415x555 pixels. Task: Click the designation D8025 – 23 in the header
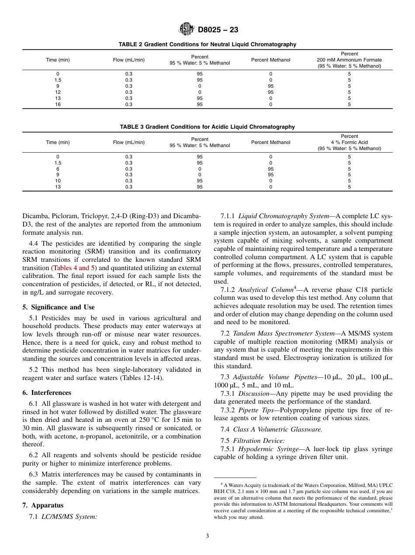pyautogui.click(x=218, y=30)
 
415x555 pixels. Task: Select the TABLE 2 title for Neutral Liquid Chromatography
pyautogui.click(x=207, y=45)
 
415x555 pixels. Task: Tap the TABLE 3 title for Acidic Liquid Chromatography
pyautogui.click(x=207, y=127)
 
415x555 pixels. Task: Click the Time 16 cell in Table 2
pyautogui.click(x=58, y=105)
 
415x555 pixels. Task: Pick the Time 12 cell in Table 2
pyautogui.click(x=58, y=92)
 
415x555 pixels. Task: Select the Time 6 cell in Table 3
pyautogui.click(x=58, y=169)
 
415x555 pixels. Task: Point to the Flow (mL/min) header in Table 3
pyautogui.click(x=129, y=142)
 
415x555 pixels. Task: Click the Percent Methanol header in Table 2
pyautogui.click(x=270, y=60)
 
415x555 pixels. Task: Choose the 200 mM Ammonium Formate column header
pyautogui.click(x=349, y=60)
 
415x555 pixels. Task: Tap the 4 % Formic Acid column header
pyautogui.click(x=349, y=142)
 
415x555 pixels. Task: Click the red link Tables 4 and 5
pyautogui.click(x=74, y=268)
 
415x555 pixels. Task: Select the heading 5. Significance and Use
pyautogui.click(x=59, y=307)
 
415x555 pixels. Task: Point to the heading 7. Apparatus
pyautogui.click(x=43, y=505)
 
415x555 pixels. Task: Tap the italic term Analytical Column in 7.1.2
pyautogui.click(x=266, y=290)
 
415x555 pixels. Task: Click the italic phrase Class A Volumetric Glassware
pyautogui.click(x=277, y=429)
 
